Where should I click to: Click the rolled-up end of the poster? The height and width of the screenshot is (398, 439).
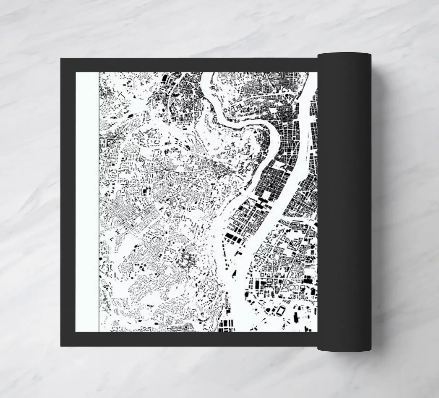(x=344, y=202)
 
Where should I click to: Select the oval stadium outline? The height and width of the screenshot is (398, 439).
(x=281, y=311)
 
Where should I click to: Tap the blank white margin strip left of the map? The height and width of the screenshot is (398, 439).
(x=87, y=202)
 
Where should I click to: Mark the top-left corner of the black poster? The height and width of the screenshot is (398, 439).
(x=61, y=58)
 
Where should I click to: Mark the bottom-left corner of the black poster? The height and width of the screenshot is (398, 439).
(x=61, y=346)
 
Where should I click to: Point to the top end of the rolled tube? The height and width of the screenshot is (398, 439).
(x=344, y=54)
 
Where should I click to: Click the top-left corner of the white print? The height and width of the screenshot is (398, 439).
(x=76, y=73)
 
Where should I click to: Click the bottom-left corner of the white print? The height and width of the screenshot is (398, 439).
(x=76, y=331)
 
